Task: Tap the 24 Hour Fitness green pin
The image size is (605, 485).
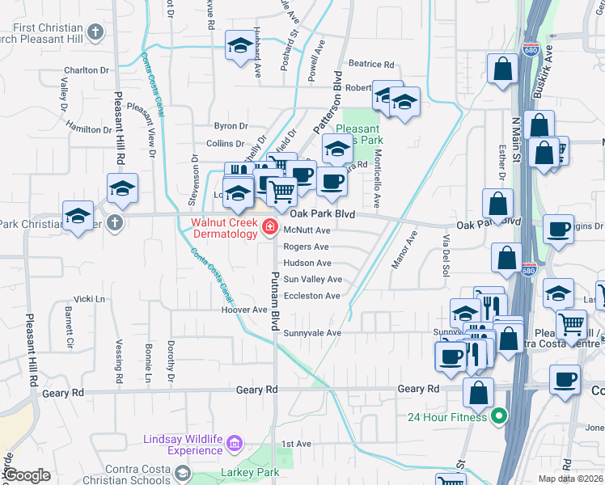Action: [499, 417]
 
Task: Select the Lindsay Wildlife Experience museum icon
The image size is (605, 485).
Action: [235, 443]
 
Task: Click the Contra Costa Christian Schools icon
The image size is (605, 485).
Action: [183, 473]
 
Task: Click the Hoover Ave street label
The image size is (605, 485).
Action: [249, 310]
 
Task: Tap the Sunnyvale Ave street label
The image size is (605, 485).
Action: [311, 333]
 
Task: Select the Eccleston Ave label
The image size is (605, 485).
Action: [311, 296]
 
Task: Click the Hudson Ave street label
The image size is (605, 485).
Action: [307, 264]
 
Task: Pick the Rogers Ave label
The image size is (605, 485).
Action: [306, 247]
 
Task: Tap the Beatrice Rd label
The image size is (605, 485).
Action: [370, 64]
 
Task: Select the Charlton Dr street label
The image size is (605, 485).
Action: [87, 70]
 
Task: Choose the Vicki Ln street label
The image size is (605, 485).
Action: [89, 299]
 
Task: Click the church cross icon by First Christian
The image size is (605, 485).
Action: [95, 33]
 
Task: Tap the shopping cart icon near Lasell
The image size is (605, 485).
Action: [573, 323]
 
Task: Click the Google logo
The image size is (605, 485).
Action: [27, 475]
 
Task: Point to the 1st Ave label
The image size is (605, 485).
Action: [296, 444]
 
